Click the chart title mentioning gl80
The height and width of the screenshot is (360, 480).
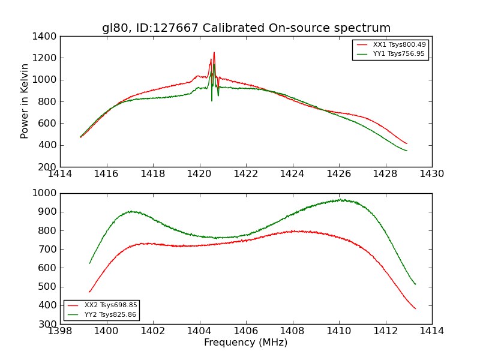246,28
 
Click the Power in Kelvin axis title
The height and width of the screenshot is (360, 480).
25,101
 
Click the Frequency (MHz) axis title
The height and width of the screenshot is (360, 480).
246,343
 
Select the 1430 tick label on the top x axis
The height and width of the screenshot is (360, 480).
431,174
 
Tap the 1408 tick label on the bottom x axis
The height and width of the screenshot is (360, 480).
292,331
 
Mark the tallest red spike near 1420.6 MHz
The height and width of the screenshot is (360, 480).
214,52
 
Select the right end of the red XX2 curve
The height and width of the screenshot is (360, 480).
415,308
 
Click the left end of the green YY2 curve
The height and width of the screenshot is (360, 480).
89,263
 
